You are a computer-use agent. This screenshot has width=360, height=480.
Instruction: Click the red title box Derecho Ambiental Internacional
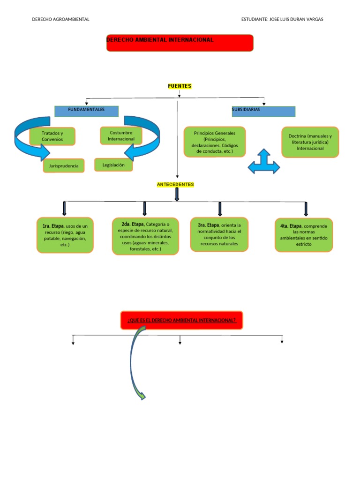pos(180,43)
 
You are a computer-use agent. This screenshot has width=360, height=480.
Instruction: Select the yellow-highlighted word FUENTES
pos(180,86)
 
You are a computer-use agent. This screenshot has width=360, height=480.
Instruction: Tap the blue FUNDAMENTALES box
pos(86,111)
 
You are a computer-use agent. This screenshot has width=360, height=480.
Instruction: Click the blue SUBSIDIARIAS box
pos(263,112)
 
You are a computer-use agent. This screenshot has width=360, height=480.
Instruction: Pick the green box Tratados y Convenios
pos(52,136)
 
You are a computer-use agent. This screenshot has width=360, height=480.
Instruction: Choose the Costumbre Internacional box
pos(121,136)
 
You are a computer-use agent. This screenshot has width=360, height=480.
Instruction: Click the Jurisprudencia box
pos(64,166)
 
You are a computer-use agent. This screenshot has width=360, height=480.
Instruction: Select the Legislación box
pos(113,165)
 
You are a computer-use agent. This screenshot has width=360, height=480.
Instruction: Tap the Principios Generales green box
pos(215,142)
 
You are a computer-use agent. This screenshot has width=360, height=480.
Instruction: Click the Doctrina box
pos(310,142)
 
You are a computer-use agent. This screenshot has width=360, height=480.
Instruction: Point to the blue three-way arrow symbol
pos(263,162)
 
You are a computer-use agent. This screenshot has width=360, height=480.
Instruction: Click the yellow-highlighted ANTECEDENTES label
pos(175,185)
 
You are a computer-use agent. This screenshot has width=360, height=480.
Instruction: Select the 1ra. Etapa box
pos(65,235)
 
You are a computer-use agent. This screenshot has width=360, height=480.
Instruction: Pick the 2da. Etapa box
pos(145,236)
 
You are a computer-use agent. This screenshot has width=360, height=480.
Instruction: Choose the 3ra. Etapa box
pos(219,234)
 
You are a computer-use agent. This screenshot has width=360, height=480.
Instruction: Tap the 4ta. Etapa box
pos(303,235)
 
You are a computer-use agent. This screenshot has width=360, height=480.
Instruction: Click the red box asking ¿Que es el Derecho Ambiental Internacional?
pos(181,320)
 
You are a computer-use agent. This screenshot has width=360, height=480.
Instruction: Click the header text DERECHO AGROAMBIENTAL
pos(60,19)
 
